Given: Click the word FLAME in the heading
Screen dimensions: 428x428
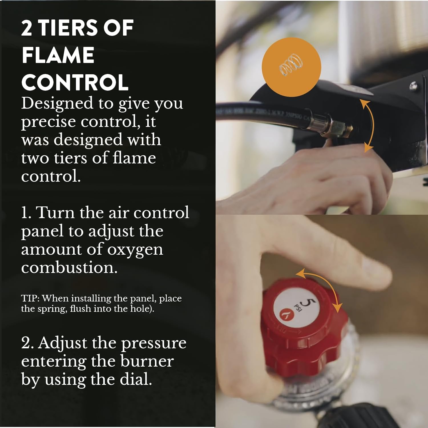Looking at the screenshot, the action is coord(58,55).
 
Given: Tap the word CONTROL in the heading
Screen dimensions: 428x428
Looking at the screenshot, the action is coord(75,82).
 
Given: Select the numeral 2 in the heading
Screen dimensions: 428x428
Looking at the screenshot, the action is coord(27,28).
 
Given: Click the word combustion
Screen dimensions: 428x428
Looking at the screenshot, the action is coord(69,268).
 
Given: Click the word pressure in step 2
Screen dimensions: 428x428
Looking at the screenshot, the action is coord(154,343).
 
